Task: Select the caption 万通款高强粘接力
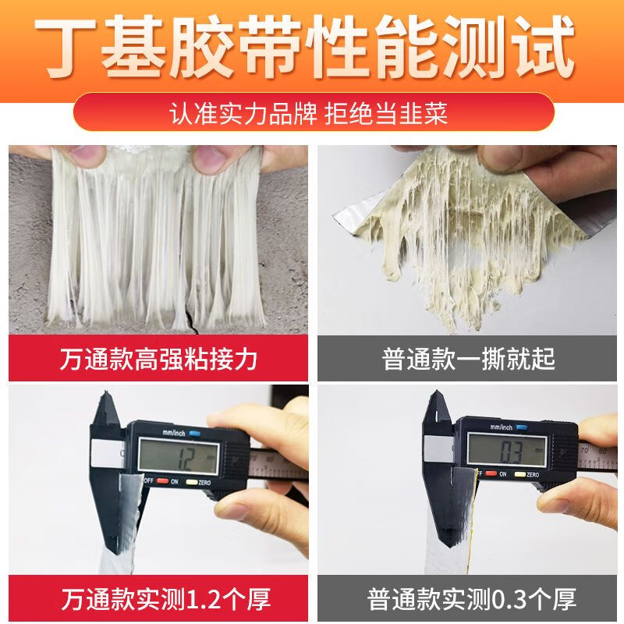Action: click(x=158, y=360)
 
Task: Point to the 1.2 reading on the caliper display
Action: click(x=186, y=454)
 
